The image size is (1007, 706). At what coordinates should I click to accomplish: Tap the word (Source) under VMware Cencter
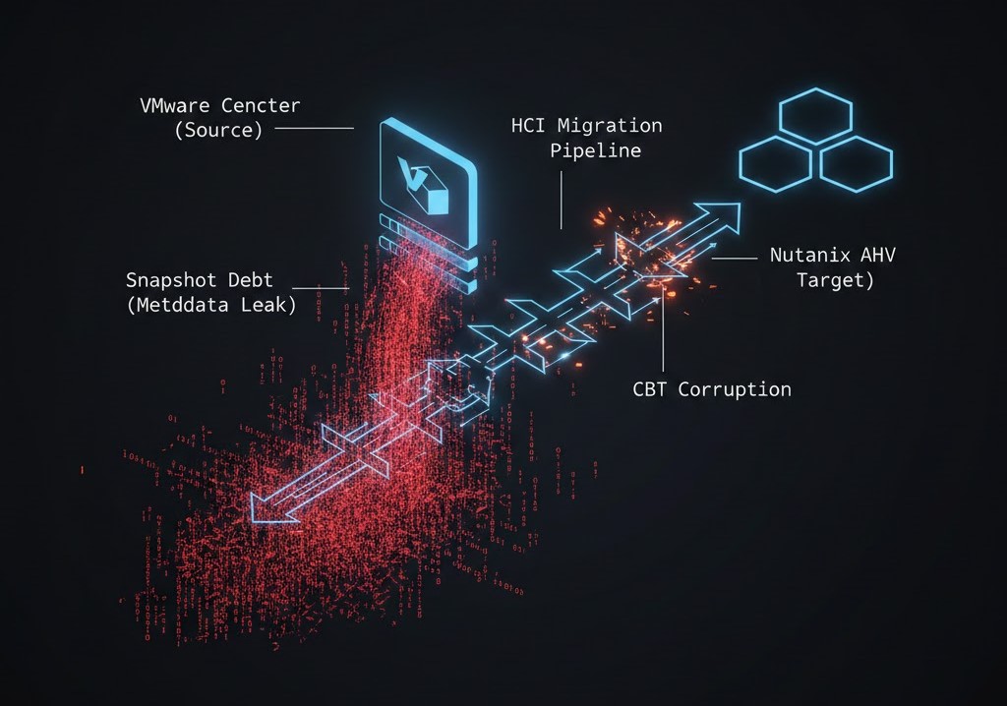(x=218, y=130)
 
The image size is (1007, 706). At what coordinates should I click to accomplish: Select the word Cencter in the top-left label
(x=263, y=105)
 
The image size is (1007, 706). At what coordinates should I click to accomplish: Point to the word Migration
(x=611, y=126)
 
